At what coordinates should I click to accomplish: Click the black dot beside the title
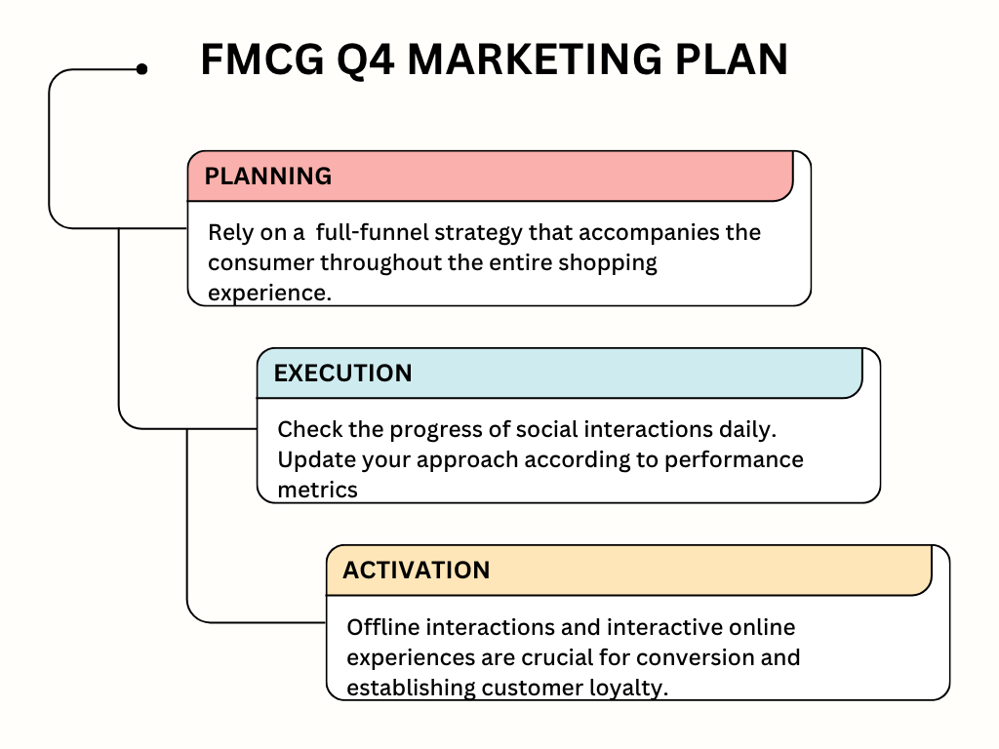tap(142, 68)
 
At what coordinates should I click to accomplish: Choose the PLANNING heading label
tap(268, 176)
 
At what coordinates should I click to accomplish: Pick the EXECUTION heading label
tap(342, 373)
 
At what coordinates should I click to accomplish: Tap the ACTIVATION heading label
tap(417, 570)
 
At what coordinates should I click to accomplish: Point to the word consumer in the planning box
tap(260, 262)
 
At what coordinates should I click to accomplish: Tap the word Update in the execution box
tap(311, 459)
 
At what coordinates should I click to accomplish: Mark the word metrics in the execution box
tap(317, 489)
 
